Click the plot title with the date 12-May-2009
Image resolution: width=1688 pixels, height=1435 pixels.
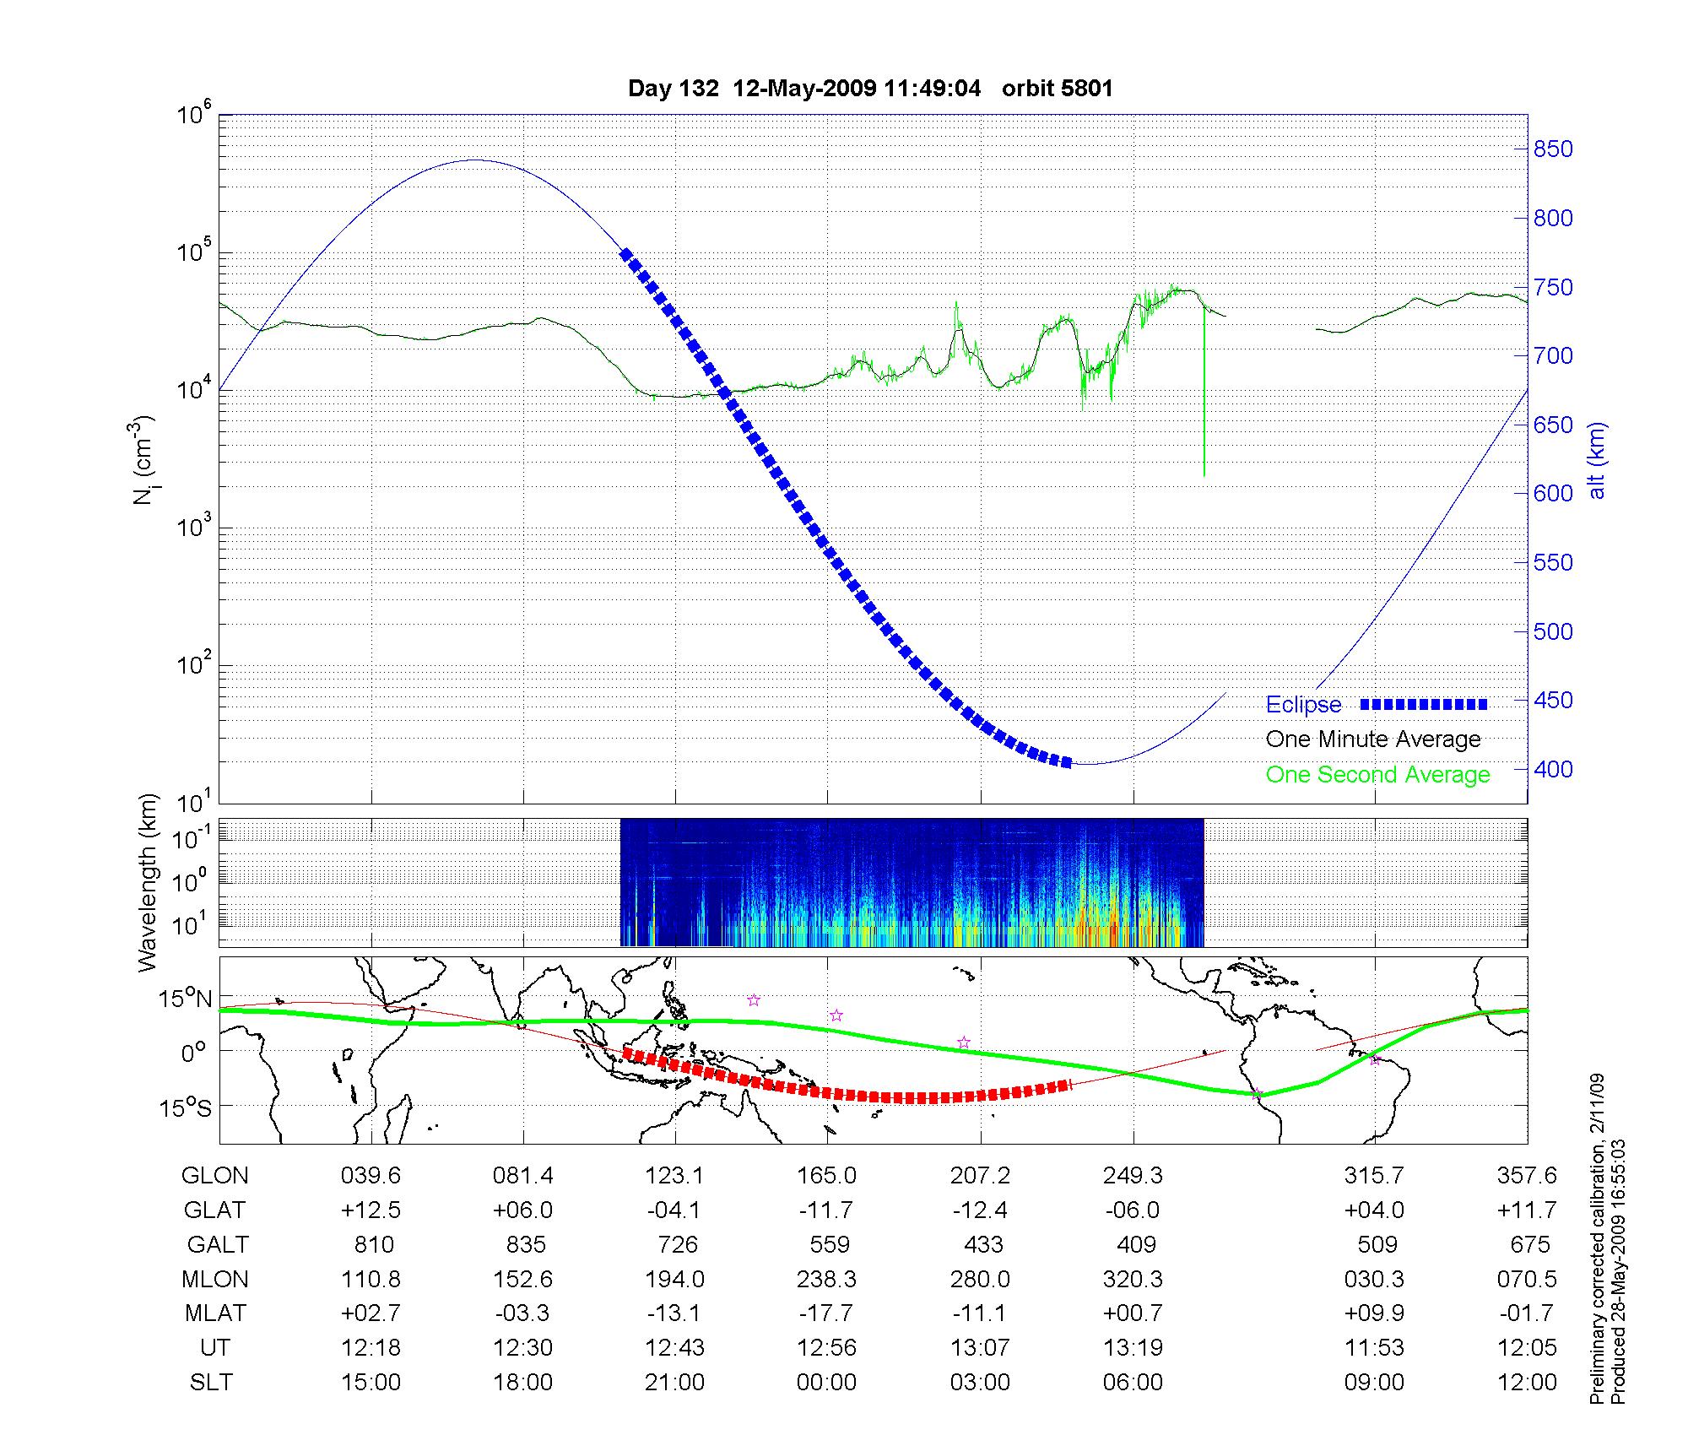[870, 89]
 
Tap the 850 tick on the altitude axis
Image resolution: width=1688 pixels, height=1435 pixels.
[1553, 149]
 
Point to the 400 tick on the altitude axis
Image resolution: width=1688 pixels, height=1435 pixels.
[1553, 769]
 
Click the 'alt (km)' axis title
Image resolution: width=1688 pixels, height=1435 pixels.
[1597, 460]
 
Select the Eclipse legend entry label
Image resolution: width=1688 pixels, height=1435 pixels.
[1303, 705]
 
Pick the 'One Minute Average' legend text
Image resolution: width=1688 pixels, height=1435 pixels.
[1373, 739]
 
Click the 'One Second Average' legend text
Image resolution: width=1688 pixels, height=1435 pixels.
[1377, 775]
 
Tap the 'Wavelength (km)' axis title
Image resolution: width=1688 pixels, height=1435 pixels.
[149, 883]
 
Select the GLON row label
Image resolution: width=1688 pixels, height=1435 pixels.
[215, 1176]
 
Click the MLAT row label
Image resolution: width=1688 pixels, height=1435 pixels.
[215, 1313]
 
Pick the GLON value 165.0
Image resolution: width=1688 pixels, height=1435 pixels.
[827, 1176]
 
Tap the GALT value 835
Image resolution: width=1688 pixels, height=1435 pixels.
[525, 1244]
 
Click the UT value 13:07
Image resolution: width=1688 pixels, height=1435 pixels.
[981, 1348]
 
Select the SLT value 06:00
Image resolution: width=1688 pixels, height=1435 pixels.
[1133, 1383]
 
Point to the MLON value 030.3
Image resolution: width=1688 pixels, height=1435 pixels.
[1375, 1279]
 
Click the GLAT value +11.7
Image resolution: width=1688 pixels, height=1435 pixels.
[1527, 1210]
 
